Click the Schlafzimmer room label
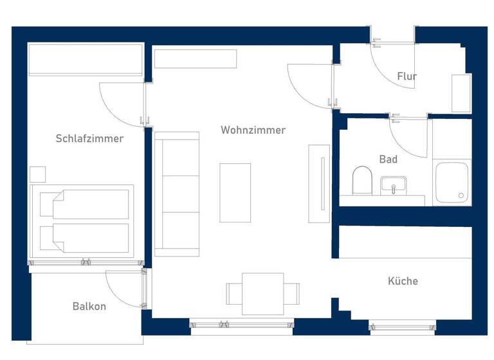[89, 138]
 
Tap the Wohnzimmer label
[253, 130]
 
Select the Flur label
[407, 76]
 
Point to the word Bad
[389, 159]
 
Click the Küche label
[403, 281]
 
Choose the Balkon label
[89, 306]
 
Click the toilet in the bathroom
[362, 180]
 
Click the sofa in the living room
[177, 194]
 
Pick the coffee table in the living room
[235, 192]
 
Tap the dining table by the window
[262, 294]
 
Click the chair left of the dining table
[233, 294]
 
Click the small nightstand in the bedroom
[38, 174]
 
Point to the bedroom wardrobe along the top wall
[86, 60]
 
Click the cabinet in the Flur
[461, 93]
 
